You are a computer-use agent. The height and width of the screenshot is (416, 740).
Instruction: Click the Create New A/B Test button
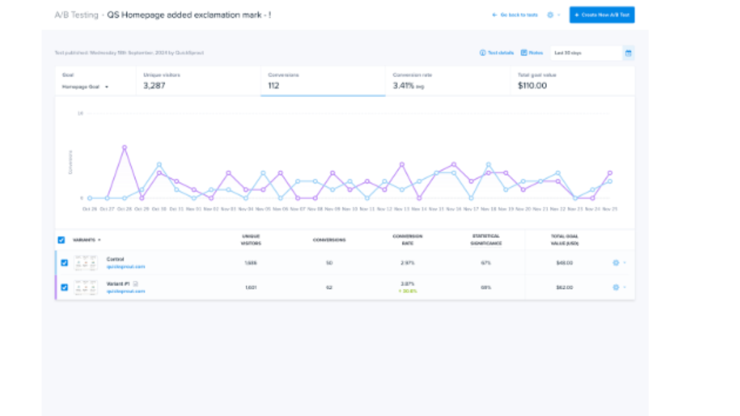[x=602, y=15]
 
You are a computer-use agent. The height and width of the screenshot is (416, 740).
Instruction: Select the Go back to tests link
[x=515, y=15]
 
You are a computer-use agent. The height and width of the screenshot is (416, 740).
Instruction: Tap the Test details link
[x=497, y=53]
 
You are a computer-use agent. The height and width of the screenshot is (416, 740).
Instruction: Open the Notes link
[x=532, y=53]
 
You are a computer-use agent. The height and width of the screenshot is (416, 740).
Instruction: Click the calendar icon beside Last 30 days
[x=628, y=53]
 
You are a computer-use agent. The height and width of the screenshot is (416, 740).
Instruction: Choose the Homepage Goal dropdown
[x=86, y=87]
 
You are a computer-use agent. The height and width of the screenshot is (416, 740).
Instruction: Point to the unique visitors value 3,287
[x=156, y=86]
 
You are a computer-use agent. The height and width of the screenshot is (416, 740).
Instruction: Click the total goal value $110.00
[x=532, y=86]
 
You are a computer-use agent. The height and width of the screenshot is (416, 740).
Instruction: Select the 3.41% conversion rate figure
[x=403, y=86]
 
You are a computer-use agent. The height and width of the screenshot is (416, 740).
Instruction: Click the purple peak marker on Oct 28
[x=124, y=147]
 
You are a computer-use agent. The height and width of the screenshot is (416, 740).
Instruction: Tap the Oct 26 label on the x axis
[x=90, y=209]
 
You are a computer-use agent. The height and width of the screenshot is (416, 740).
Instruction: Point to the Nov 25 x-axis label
[x=610, y=209]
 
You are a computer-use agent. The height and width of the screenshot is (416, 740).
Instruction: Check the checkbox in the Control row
[x=64, y=262]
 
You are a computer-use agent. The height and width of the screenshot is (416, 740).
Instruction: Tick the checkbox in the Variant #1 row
[x=64, y=287]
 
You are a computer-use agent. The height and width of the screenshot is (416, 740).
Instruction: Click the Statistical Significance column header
[x=486, y=240]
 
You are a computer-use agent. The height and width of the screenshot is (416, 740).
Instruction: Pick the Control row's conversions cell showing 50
[x=329, y=263]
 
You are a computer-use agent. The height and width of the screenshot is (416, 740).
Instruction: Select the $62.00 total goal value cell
[x=564, y=287]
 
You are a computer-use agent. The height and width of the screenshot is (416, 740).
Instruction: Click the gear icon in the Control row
[x=616, y=263]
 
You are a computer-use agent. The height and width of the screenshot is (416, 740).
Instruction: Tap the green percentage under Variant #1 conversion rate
[x=408, y=291]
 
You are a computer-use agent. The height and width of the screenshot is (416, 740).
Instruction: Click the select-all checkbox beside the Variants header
[x=61, y=240]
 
